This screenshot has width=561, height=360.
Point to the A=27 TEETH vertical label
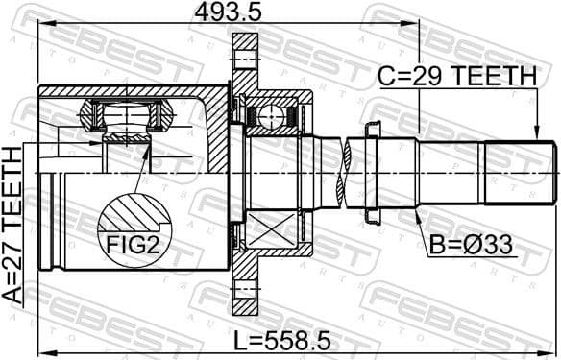pos(12,226)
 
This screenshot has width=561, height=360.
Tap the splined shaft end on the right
pos(520,173)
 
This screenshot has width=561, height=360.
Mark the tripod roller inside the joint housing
pos(126,117)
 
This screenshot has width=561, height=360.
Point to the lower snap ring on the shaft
pos(373,217)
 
